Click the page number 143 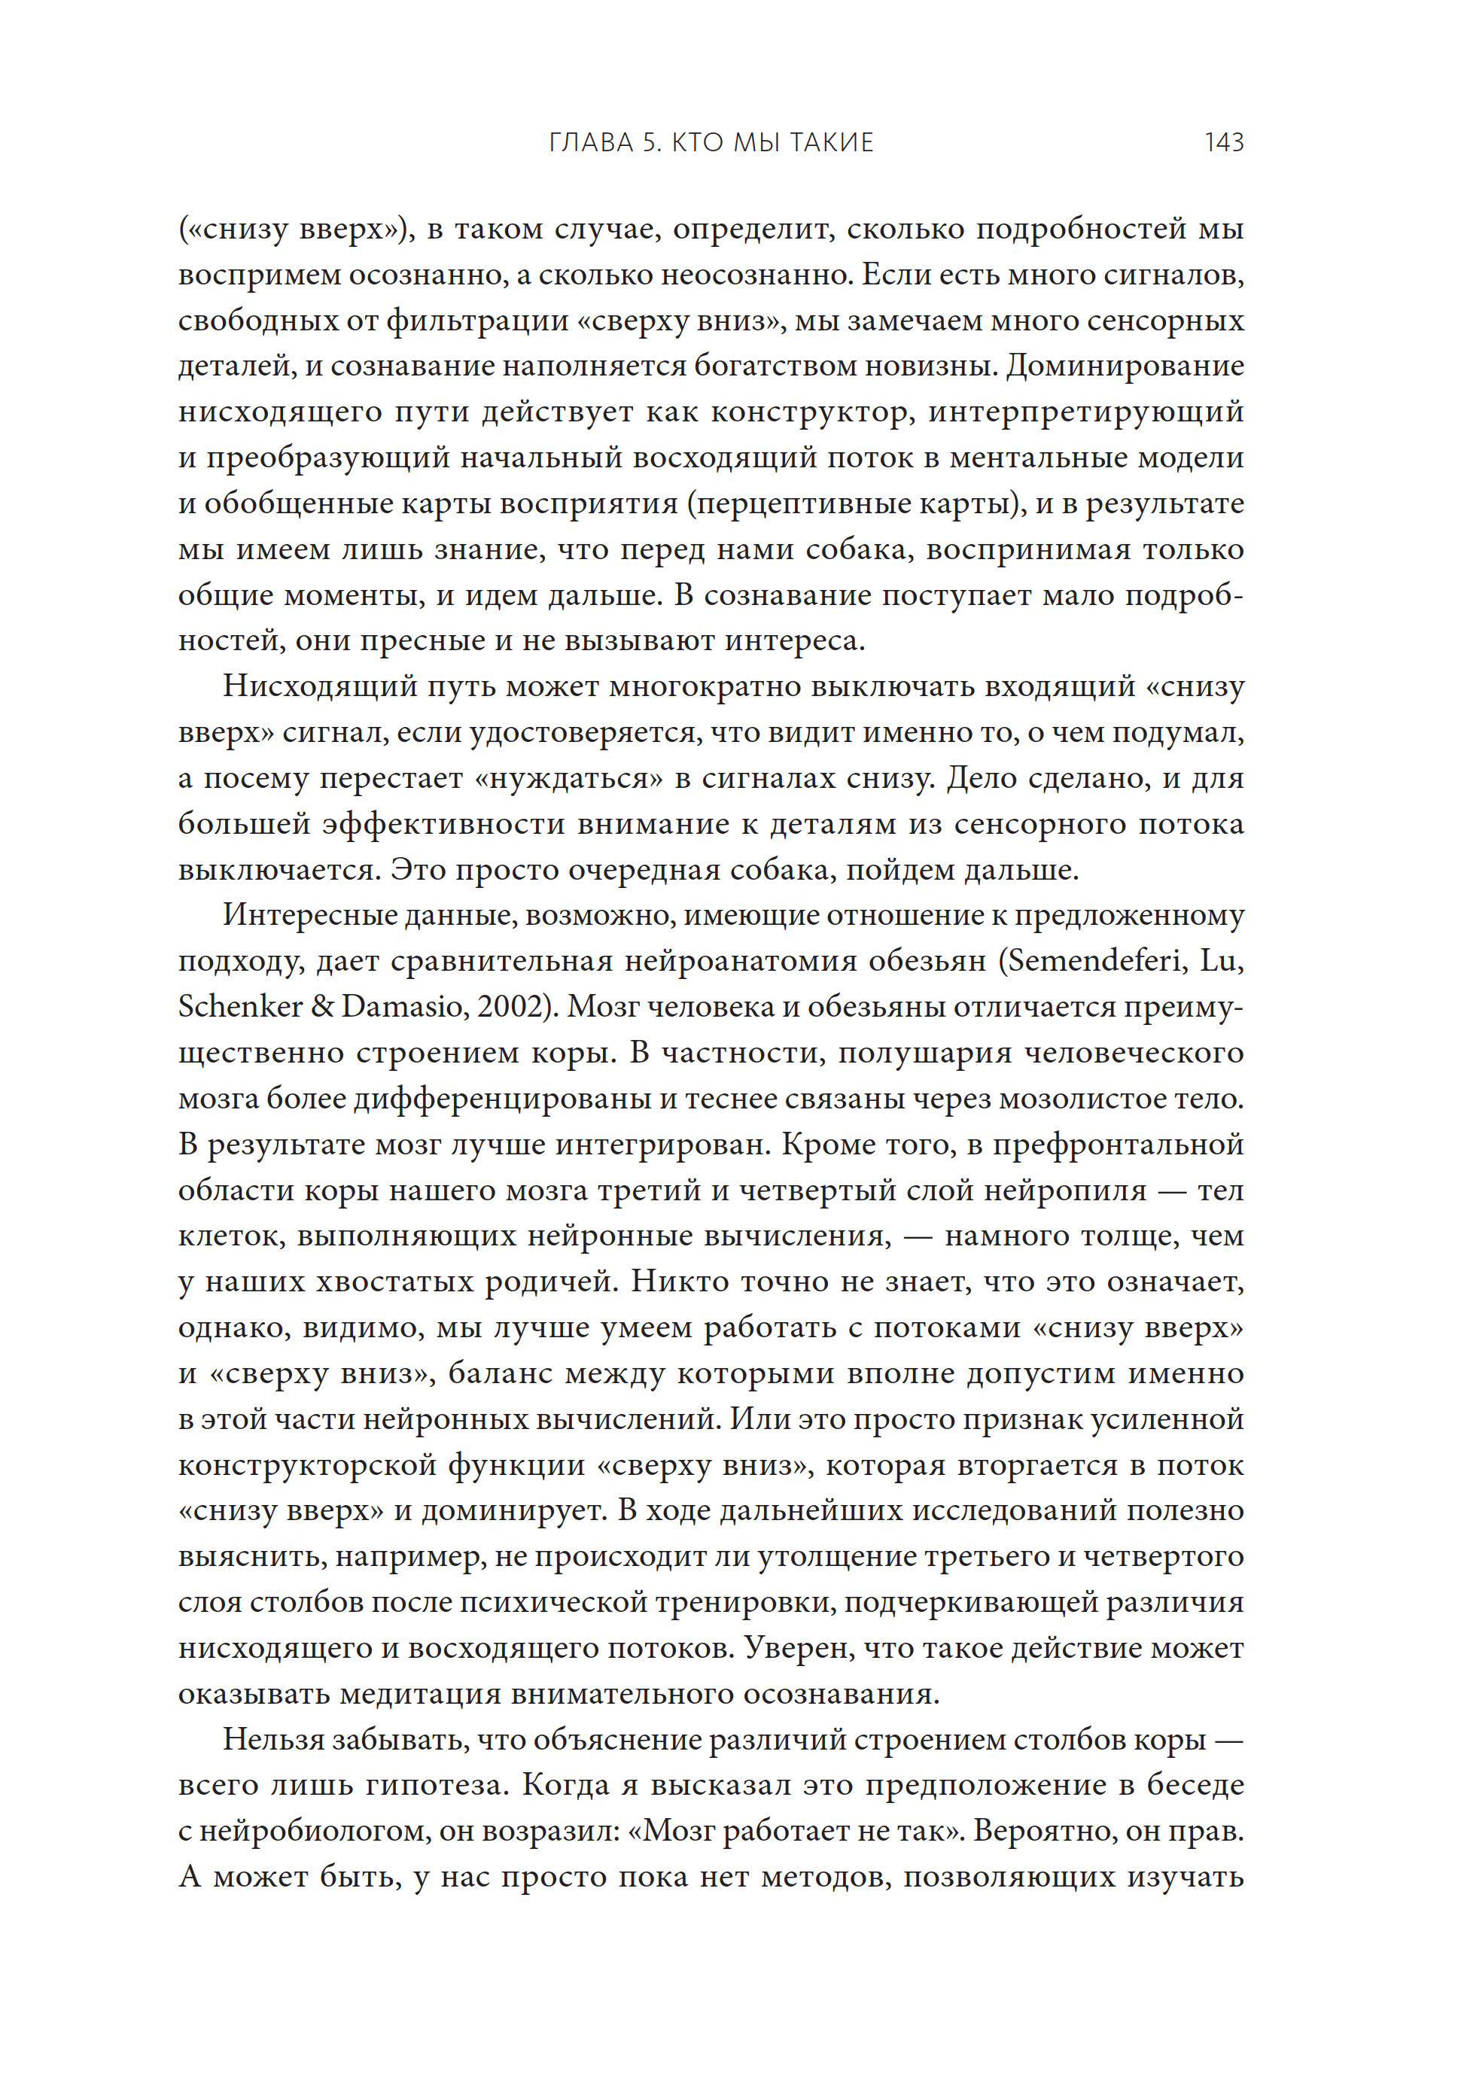click(x=1223, y=143)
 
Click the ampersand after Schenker click(x=322, y=1007)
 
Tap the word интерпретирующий click(x=1085, y=412)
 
